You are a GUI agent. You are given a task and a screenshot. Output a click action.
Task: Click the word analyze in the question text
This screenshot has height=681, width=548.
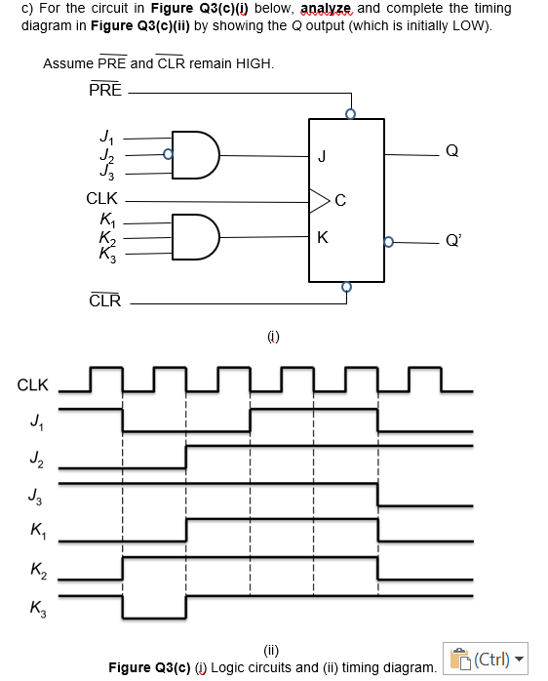(x=333, y=9)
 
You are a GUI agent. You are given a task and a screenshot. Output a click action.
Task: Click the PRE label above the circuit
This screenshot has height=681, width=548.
(x=105, y=90)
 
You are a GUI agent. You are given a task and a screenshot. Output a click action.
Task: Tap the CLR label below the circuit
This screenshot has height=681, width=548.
(x=105, y=300)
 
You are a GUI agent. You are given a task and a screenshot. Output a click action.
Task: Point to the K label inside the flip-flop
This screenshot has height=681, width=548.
(x=322, y=238)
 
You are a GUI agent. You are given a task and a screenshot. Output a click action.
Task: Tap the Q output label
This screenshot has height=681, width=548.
(x=450, y=150)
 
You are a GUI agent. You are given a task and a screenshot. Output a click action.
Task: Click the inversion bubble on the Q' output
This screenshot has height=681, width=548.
(x=389, y=241)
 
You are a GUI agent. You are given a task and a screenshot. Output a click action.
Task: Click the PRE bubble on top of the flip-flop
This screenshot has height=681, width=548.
(x=350, y=114)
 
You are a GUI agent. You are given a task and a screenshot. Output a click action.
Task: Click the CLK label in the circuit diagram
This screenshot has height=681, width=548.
(x=102, y=198)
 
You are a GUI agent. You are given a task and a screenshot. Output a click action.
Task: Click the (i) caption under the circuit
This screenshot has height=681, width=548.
(x=273, y=337)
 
